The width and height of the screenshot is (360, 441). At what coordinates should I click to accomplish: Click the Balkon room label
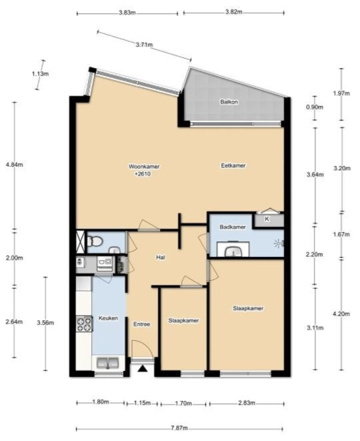[229, 102]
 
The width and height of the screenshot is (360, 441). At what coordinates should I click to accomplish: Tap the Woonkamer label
[144, 167]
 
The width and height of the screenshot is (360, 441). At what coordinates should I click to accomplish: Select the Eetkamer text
[233, 165]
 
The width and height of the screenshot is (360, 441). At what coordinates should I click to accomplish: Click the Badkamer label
[233, 227]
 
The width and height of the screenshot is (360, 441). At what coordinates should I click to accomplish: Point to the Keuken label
[108, 318]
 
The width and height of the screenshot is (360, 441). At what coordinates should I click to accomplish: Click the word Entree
[141, 324]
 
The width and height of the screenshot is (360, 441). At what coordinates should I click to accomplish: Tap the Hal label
[161, 257]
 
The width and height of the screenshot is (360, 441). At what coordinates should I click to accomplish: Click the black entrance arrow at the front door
[143, 368]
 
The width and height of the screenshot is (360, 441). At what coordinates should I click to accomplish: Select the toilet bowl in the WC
[95, 241]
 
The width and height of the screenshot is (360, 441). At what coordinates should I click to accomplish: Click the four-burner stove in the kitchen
[84, 324]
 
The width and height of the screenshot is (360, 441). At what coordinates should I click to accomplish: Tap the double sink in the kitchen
[108, 363]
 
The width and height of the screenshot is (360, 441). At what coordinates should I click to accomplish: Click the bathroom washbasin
[233, 250]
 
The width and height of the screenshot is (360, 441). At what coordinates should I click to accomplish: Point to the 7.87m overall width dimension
[179, 428]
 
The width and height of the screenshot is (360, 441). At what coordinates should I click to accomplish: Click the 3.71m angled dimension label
[144, 45]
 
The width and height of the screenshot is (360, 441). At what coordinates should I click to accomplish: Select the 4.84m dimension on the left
[14, 165]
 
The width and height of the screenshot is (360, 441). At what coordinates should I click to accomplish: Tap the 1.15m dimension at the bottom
[143, 403]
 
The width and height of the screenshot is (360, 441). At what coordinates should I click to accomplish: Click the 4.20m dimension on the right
[342, 314]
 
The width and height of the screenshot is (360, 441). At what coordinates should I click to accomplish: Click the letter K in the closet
[267, 219]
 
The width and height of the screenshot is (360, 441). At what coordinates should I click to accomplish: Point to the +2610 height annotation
[143, 174]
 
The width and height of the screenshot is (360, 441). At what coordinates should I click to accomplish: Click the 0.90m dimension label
[315, 107]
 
